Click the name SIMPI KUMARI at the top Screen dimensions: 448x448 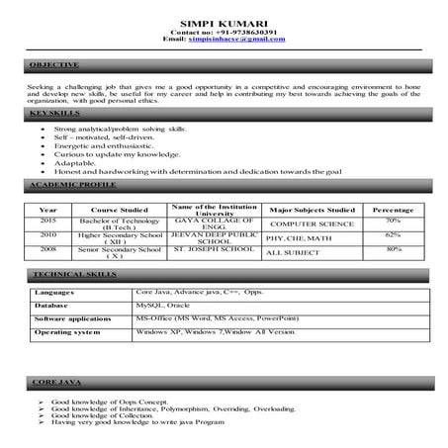(223, 21)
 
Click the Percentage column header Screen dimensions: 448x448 (394, 210)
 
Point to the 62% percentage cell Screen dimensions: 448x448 (394, 235)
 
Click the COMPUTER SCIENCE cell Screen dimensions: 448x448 (313, 224)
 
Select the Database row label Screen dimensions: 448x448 (51, 307)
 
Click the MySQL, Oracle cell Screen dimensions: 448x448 (162, 307)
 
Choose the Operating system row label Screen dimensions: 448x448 (67, 332)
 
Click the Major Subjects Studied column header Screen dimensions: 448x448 (313, 210)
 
